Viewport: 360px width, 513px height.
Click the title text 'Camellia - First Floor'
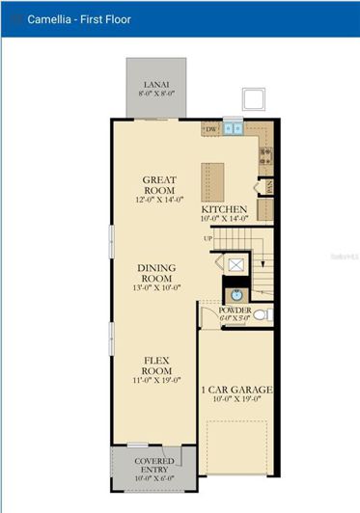(x=78, y=19)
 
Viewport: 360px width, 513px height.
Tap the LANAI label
(x=155, y=87)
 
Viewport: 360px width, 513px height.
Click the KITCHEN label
(x=224, y=209)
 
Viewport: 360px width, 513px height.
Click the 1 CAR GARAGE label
(x=236, y=390)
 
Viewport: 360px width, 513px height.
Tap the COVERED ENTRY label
(x=155, y=465)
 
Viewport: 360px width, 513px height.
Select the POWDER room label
(x=235, y=310)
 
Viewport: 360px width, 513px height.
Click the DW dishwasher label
(x=211, y=127)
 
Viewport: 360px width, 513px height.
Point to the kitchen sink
(x=234, y=127)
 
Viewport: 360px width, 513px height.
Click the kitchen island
(x=212, y=180)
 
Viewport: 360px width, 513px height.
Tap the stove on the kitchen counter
(x=265, y=153)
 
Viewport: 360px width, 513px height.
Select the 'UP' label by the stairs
(x=208, y=238)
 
